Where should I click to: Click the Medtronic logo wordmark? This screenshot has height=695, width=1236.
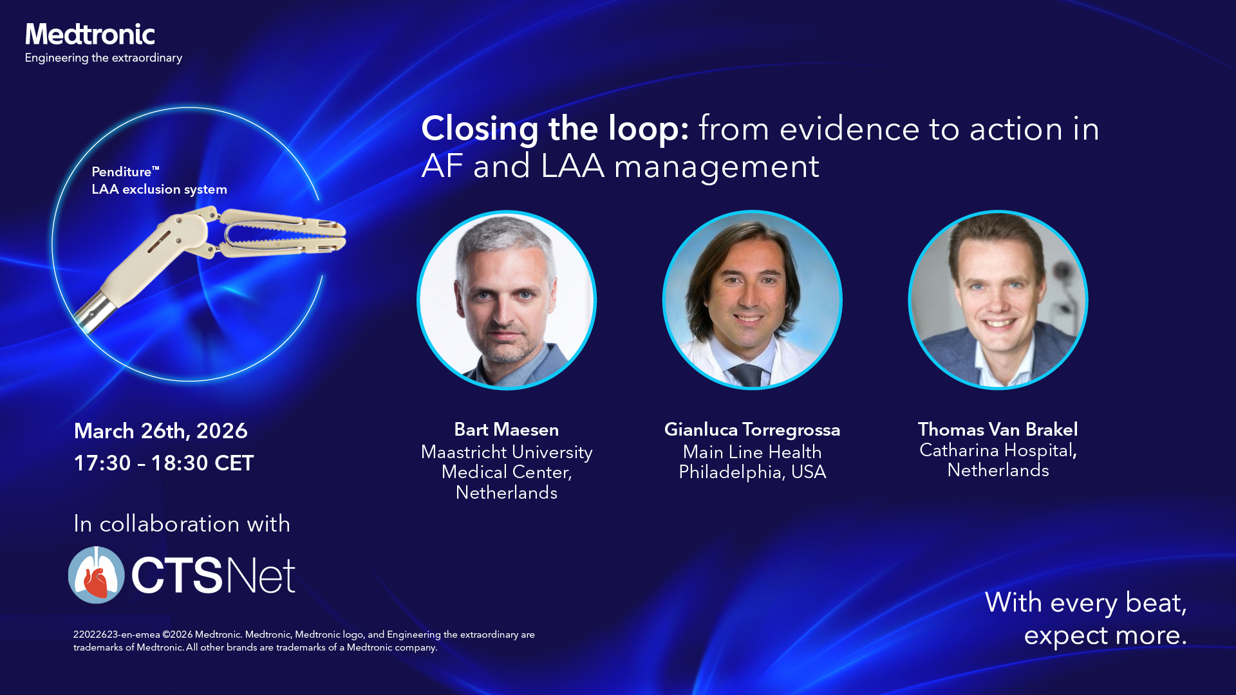point(90,35)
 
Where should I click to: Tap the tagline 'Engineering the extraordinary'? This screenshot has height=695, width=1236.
point(104,58)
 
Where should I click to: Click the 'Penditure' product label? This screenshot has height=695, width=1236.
point(126,172)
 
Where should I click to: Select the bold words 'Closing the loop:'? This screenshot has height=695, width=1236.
point(555,129)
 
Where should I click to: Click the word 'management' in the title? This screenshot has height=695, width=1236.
point(716,167)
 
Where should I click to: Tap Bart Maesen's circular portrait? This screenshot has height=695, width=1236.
point(507,300)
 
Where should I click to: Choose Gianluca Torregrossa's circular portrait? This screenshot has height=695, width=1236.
point(753,300)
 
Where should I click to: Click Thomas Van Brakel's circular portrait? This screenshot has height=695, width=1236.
point(998,300)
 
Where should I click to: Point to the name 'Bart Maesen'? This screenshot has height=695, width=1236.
point(507,430)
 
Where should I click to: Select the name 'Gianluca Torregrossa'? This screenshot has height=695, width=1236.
point(753,430)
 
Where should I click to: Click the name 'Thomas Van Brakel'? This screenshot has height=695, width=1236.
point(998,430)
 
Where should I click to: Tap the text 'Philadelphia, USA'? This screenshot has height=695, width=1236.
point(753,472)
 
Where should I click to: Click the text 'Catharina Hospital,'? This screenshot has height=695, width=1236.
point(998,450)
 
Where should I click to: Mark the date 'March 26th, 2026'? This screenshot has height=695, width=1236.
point(161,431)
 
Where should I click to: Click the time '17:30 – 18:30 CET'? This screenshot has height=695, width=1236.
point(164,463)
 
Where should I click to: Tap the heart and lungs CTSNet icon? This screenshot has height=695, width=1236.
point(97,575)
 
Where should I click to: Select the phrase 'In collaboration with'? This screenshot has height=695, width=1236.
point(182,524)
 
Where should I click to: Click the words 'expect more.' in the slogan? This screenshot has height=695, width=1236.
point(1105,636)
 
